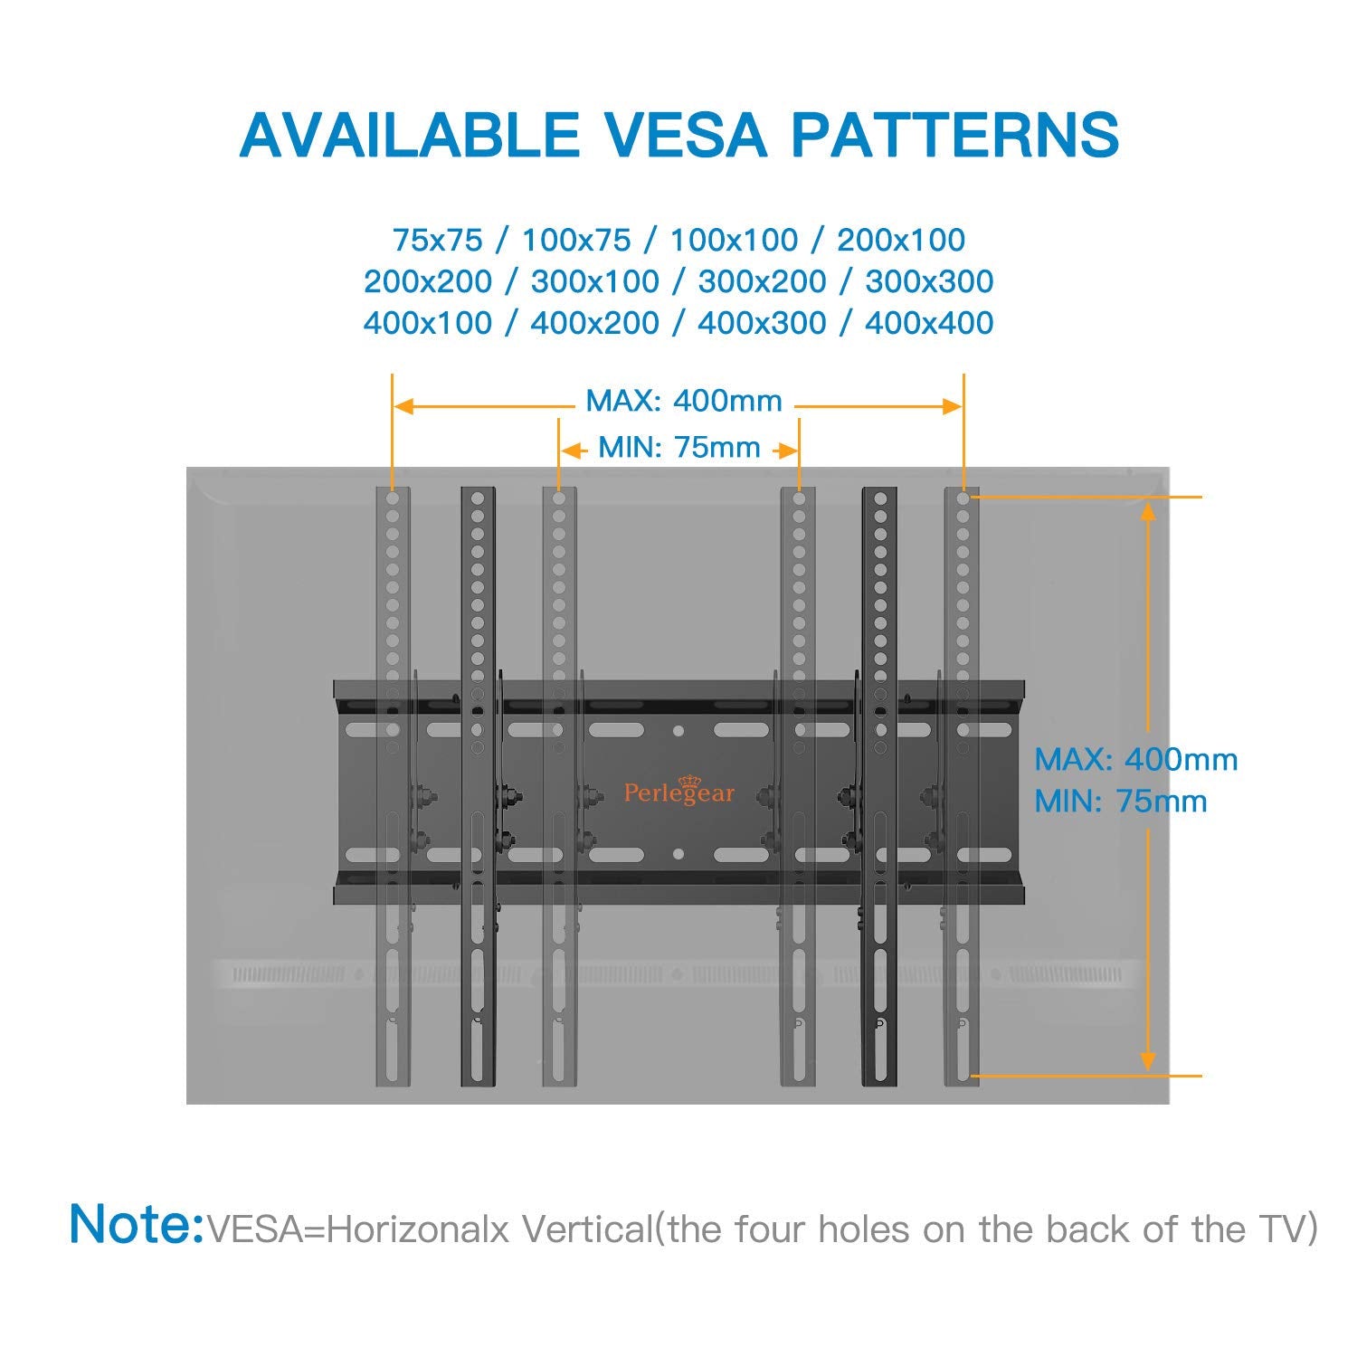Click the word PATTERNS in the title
[x=955, y=135]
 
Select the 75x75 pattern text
[x=438, y=240]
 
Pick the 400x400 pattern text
[x=929, y=323]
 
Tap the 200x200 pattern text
[x=428, y=281]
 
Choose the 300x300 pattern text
[x=929, y=281]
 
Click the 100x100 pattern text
[x=734, y=240]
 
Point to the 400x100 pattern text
[x=428, y=323]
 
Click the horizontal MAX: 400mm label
[x=684, y=401]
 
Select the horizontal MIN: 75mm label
[x=679, y=447]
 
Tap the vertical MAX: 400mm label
[x=1136, y=759]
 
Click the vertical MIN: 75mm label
[x=1121, y=802]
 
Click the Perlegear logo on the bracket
[x=679, y=791]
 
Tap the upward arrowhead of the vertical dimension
[x=1148, y=513]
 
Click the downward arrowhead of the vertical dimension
[x=1148, y=1060]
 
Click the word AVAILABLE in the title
[x=410, y=135]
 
